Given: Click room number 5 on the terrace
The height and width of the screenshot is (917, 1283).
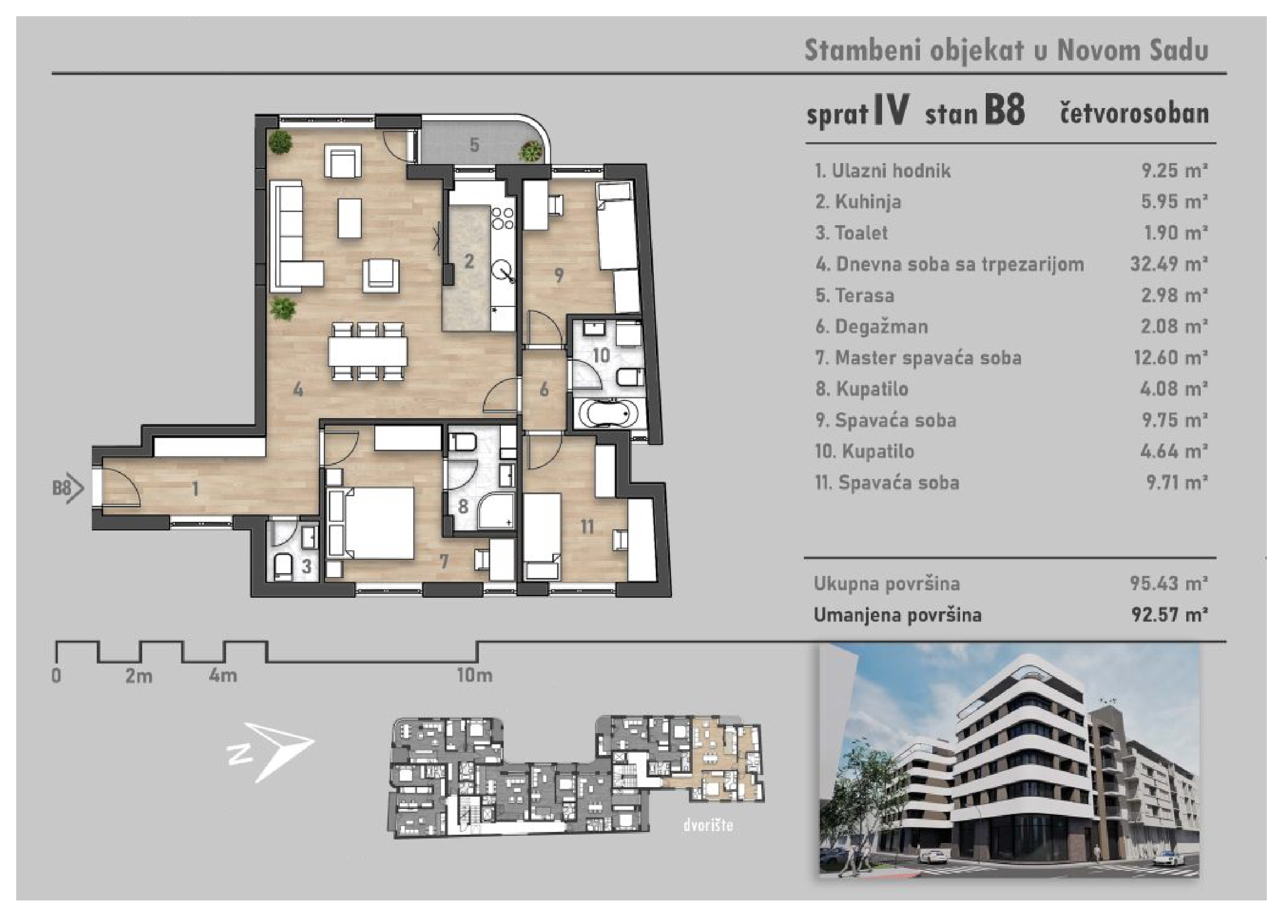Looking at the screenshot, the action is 474,145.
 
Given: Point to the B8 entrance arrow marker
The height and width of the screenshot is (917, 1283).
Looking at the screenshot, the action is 68,487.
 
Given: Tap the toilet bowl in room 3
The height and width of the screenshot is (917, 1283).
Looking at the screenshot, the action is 282,566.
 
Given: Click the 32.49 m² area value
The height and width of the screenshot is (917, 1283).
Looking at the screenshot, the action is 1169,264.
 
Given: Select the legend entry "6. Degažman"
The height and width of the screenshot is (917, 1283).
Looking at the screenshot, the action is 871,326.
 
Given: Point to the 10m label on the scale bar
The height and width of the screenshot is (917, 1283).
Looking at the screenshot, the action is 475,675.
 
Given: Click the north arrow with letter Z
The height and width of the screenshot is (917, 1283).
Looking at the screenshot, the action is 270,751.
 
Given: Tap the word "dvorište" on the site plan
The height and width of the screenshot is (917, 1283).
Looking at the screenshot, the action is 708,826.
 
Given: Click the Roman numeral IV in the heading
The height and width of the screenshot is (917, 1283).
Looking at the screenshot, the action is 891,110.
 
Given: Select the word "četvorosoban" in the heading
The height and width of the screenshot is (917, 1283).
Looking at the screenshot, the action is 1134,113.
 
